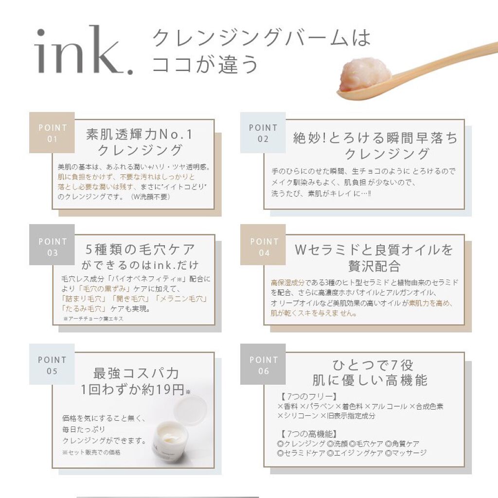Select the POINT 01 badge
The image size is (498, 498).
pyautogui.click(x=52, y=133)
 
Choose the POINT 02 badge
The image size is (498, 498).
pyautogui.click(x=263, y=133)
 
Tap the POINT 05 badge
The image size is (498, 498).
pyautogui.click(x=52, y=364)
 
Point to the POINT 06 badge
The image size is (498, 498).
pyautogui.click(x=263, y=364)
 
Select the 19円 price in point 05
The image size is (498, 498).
pyautogui.click(x=164, y=390)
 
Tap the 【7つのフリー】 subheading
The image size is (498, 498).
pyautogui.click(x=308, y=396)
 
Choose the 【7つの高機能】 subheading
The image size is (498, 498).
pyautogui.click(x=308, y=434)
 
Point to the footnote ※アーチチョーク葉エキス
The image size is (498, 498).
pyautogui.click(x=93, y=319)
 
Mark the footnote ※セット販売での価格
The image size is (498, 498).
pyautogui.click(x=91, y=452)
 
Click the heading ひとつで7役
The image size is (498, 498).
pyautogui.click(x=373, y=365)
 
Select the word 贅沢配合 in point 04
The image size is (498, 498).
pyautogui.click(x=374, y=266)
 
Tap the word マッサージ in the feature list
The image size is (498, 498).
pyautogui.click(x=409, y=453)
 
